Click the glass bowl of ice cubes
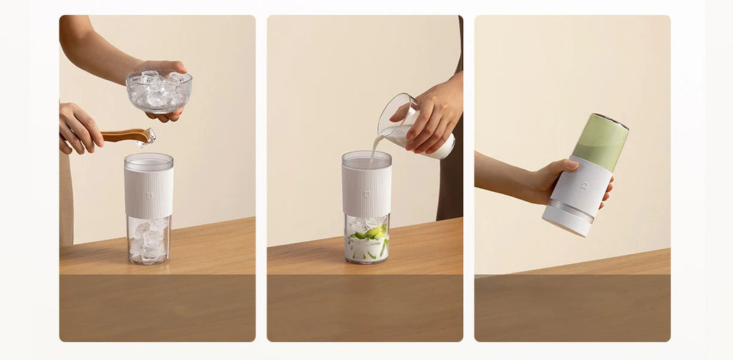[x=158, y=92]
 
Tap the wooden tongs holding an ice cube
[x=123, y=135]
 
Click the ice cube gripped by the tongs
[x=148, y=137]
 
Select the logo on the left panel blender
[x=149, y=195]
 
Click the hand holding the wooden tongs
[x=79, y=127]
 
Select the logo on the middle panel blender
[x=366, y=193]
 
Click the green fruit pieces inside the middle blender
[x=372, y=232]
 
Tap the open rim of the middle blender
[x=366, y=155]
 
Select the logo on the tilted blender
[x=584, y=186]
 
